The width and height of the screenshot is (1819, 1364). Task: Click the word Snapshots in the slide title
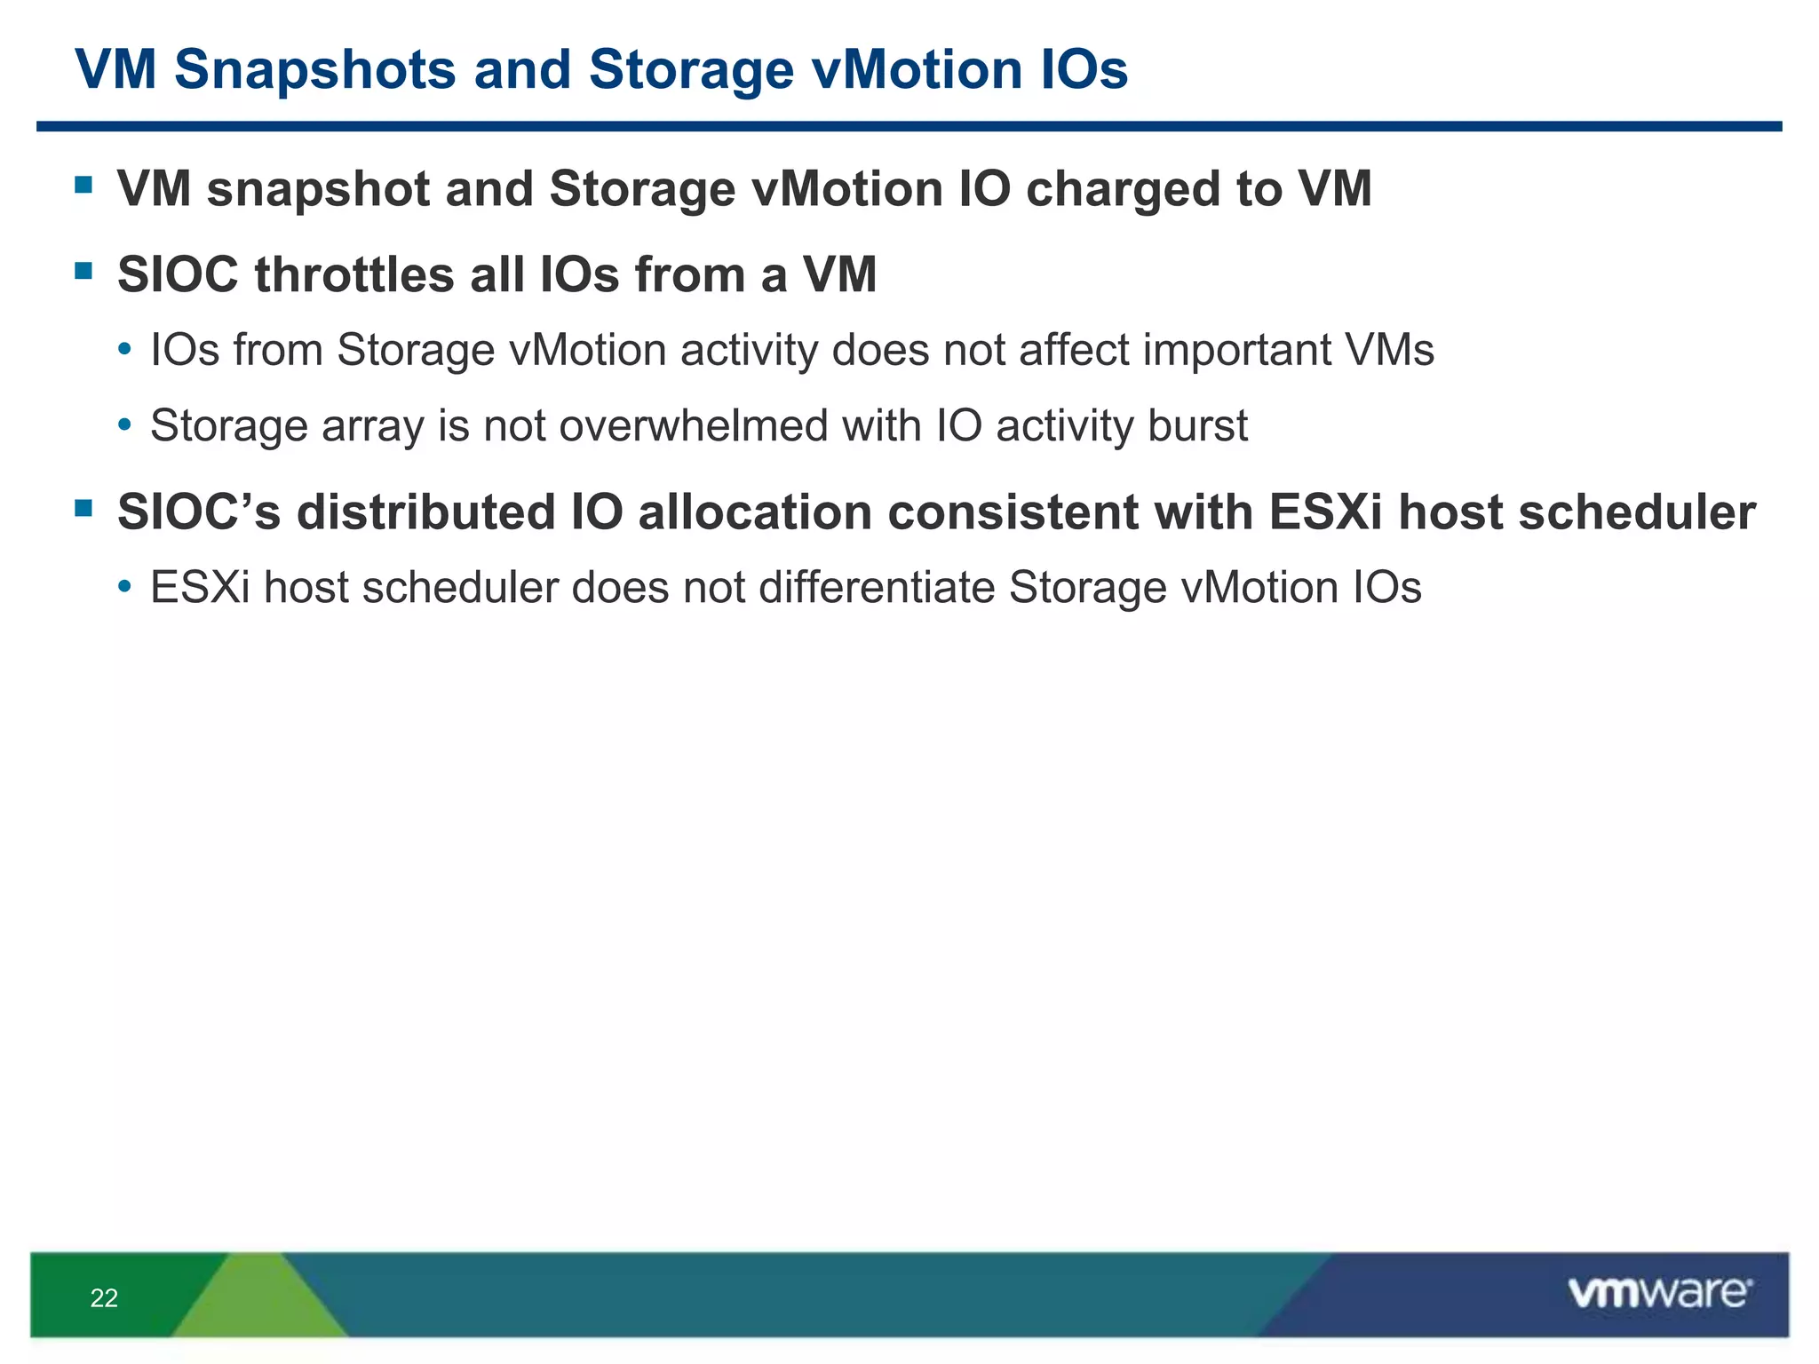(x=314, y=69)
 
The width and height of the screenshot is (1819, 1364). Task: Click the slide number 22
(x=104, y=1298)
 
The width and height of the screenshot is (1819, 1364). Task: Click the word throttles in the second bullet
(x=354, y=274)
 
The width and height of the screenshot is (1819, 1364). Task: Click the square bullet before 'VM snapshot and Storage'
(x=84, y=185)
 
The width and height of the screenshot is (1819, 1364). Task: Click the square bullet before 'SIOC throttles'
(x=84, y=270)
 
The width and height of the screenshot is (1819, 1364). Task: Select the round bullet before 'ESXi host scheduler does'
(x=125, y=588)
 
